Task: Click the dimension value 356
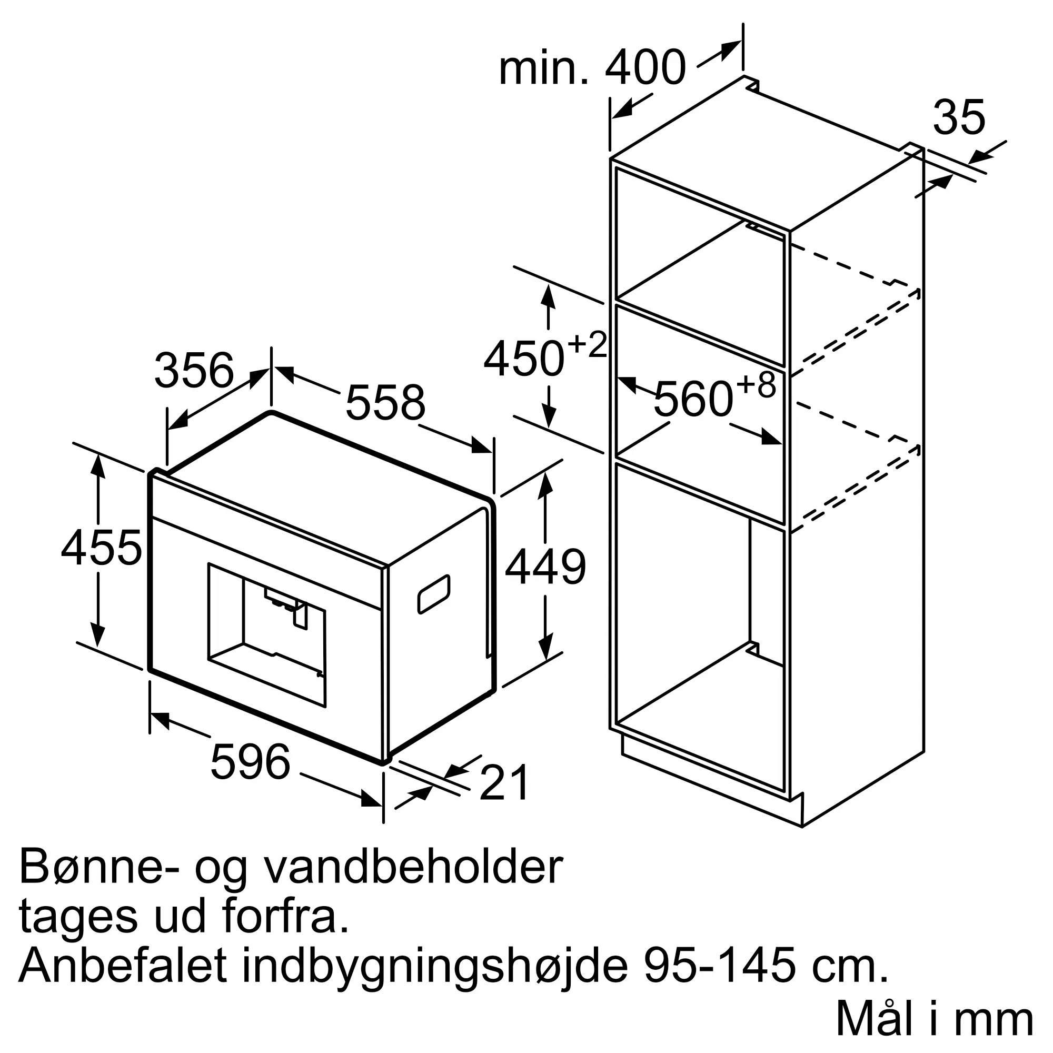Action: click(194, 371)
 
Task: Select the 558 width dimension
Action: click(385, 403)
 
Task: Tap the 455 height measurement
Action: click(102, 548)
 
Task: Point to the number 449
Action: click(545, 568)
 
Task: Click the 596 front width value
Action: click(250, 762)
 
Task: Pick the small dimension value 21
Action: click(504, 783)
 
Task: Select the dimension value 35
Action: click(959, 117)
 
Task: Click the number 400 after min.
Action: click(645, 67)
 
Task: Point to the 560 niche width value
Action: click(693, 399)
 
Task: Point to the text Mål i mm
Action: click(934, 1019)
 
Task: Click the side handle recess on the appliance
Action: click(434, 594)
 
